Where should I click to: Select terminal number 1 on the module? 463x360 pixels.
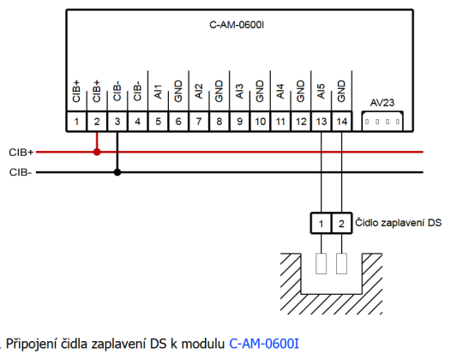[77, 122]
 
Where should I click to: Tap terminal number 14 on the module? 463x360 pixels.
[341, 122]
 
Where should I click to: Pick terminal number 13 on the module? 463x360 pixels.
[321, 122]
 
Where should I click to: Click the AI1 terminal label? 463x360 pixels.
[158, 93]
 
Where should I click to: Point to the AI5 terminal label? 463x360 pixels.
[321, 93]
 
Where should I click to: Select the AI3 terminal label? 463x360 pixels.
[239, 93]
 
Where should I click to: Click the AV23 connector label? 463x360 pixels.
[382, 102]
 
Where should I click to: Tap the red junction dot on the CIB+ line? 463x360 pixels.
[97, 152]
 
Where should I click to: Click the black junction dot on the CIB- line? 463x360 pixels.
[117, 171]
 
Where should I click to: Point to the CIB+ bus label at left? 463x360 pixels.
[21, 152]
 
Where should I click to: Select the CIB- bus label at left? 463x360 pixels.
[20, 171]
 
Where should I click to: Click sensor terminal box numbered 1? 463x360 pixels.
[321, 223]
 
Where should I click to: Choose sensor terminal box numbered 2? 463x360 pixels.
[341, 223]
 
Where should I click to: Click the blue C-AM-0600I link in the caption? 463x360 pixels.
[264, 345]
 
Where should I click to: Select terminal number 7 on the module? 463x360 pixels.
[199, 122]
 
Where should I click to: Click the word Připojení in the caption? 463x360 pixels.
[32, 345]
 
